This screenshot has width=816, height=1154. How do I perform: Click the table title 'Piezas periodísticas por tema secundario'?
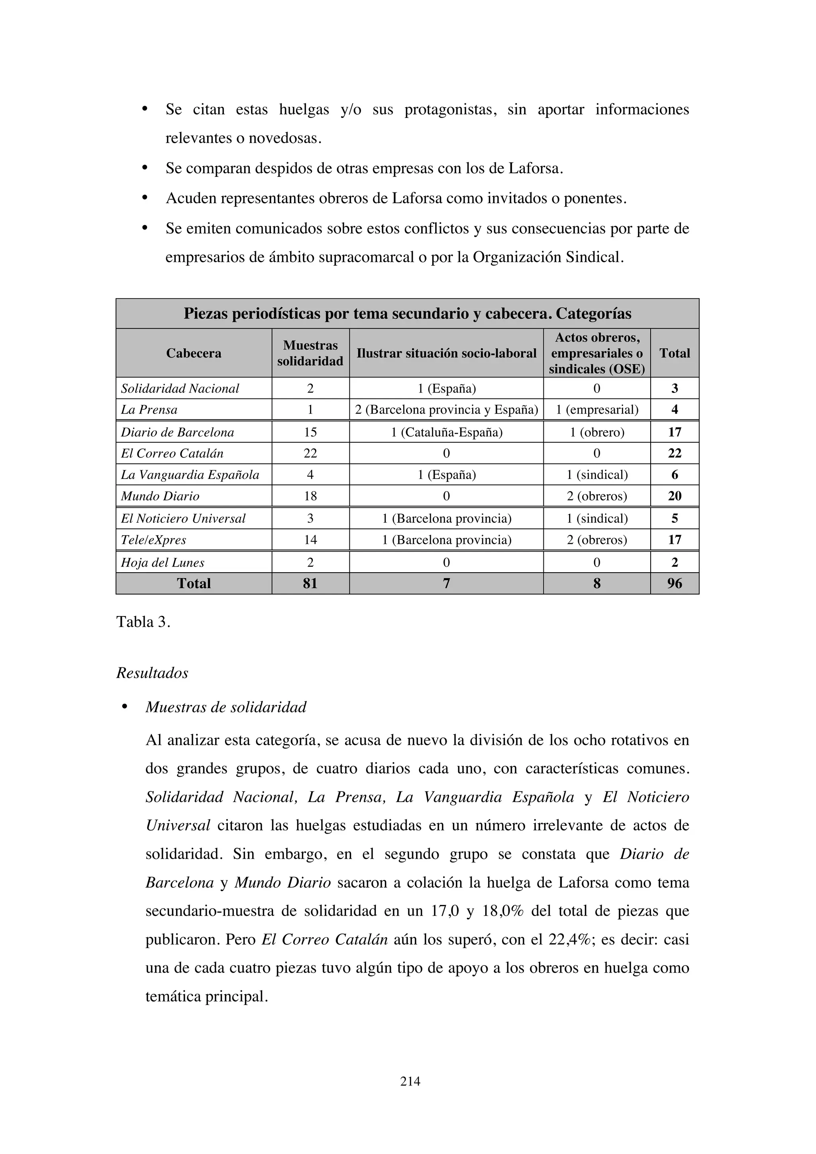407,314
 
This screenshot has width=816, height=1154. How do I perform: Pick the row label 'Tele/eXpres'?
153,540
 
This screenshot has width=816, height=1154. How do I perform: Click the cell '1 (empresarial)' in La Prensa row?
596,410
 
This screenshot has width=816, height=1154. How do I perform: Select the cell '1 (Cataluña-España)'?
446,432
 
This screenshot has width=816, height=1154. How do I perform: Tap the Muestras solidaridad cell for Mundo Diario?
310,496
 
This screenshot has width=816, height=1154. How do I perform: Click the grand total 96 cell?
674,583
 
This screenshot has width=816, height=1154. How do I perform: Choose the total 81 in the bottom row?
310,583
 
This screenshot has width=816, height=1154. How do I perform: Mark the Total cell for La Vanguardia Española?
674,475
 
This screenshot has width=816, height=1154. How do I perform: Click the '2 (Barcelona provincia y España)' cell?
446,410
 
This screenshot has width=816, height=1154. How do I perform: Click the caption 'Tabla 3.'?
143,622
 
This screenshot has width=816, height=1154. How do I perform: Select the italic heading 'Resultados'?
152,673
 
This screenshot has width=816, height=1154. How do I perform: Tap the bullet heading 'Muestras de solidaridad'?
226,707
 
